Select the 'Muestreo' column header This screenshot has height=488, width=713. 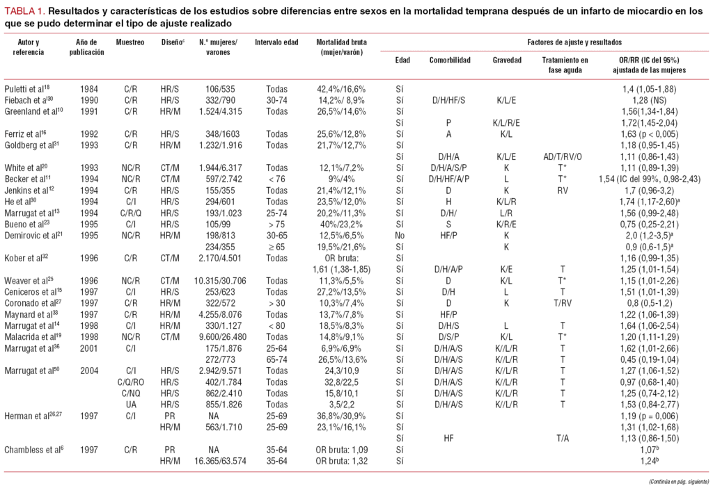tap(130, 42)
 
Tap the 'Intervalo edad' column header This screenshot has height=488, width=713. tap(276, 42)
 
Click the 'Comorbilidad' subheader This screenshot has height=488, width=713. tap(450, 60)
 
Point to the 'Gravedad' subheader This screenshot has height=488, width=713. tap(507, 60)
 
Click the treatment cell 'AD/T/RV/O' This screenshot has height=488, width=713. tap(564, 158)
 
